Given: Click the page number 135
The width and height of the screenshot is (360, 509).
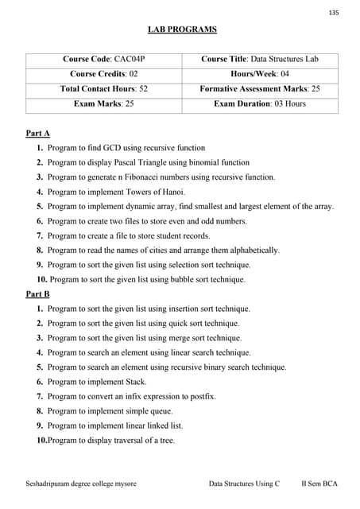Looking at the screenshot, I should click(x=333, y=12).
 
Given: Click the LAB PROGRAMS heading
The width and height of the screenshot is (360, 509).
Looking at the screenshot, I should click(x=182, y=30).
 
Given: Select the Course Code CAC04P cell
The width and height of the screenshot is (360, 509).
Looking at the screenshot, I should click(x=104, y=59).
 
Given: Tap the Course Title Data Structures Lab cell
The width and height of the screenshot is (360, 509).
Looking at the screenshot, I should click(x=259, y=59).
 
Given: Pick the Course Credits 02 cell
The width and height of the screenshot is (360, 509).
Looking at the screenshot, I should click(x=104, y=74).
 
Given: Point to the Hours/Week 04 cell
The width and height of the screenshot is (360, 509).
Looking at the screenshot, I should click(x=259, y=74).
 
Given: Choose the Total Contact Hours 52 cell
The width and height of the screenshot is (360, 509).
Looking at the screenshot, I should click(x=104, y=89).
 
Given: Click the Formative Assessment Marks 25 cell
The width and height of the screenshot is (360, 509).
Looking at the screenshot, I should click(x=259, y=89).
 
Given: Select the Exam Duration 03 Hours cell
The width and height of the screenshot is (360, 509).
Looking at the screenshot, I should click(x=259, y=104).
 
